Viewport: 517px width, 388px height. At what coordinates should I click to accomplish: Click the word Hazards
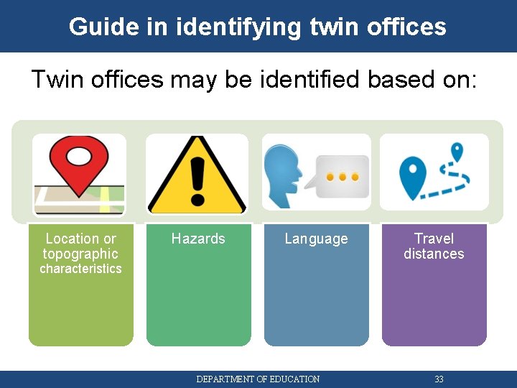[198, 239]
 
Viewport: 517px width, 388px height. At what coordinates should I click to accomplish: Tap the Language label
[316, 239]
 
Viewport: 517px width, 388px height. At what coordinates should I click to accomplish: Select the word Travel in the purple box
[434, 239]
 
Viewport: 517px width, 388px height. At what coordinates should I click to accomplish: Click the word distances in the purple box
[434, 254]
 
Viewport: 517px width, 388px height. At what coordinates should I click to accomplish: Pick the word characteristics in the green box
[80, 269]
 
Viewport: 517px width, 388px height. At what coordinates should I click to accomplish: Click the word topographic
[80, 254]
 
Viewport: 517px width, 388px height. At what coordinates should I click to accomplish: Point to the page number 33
[439, 379]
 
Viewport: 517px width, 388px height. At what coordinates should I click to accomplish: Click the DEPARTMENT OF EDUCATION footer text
[258, 379]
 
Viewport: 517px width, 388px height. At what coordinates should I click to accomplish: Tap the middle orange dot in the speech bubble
[343, 177]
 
